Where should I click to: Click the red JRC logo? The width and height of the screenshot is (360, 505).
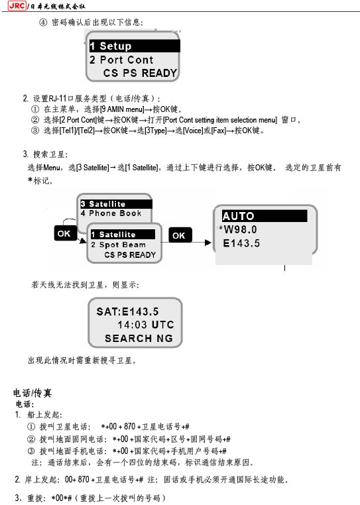17,5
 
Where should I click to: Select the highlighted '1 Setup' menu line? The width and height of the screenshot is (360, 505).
135,46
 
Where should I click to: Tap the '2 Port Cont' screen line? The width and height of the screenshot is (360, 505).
121,60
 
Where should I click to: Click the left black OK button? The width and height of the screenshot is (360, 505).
66,233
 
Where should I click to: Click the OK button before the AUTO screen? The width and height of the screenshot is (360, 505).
180,235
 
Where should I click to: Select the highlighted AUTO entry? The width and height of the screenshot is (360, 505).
265,216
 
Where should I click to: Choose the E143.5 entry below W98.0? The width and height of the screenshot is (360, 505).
241,243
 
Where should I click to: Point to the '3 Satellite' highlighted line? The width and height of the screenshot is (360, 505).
116,204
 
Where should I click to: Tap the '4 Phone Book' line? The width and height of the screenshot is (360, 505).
111,213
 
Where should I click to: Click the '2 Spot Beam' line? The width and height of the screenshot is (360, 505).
118,245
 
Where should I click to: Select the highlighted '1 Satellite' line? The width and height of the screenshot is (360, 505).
123,235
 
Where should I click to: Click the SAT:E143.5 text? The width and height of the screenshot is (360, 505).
128,311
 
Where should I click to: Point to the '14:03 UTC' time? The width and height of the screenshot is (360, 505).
146,325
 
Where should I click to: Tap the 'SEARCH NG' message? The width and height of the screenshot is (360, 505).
139,338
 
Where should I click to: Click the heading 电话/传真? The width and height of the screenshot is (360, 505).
32,393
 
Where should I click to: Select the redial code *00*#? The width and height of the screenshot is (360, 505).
62,498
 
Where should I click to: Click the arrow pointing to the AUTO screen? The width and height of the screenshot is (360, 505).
202,242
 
